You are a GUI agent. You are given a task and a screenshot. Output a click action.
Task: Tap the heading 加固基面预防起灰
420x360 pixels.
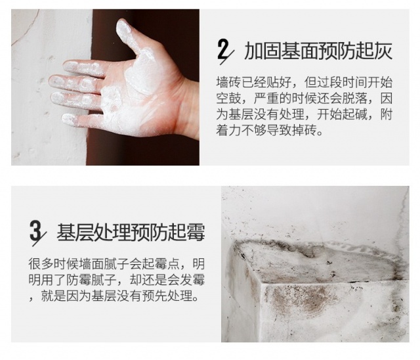318,51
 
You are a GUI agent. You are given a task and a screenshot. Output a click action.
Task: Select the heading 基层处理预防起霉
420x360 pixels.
131,232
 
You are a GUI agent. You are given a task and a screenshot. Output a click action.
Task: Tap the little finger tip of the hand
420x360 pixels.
67,119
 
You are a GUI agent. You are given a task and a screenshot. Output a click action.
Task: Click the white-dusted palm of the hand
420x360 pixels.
134,99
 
